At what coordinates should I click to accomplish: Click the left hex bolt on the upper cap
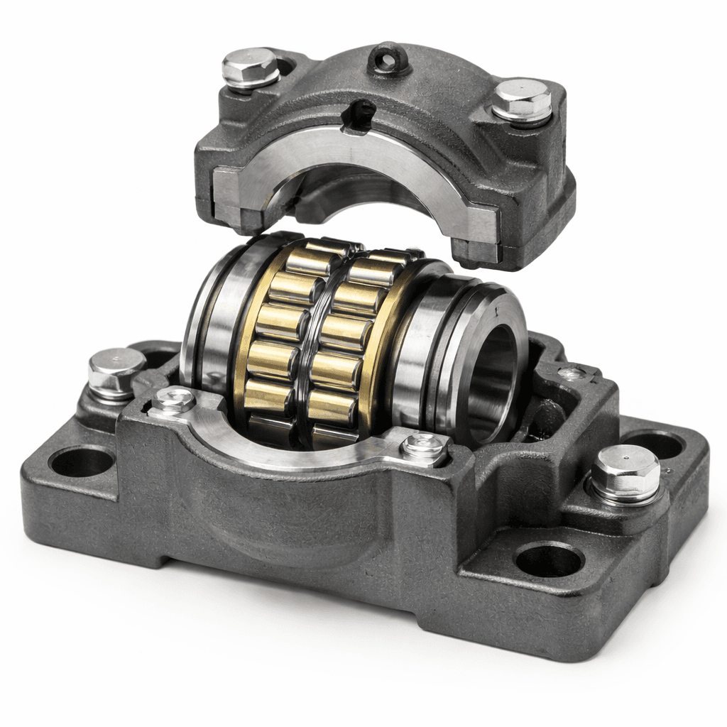(250, 67)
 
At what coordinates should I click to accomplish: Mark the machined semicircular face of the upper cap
(355, 153)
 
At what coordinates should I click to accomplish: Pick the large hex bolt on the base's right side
(625, 471)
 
